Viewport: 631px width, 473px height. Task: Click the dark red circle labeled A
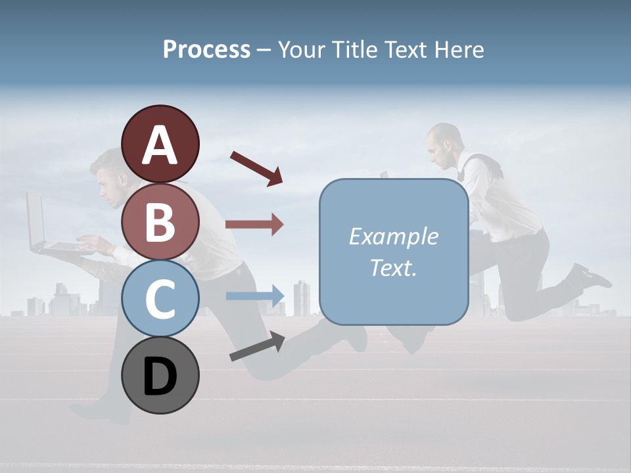(160, 144)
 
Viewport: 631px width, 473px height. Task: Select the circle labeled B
(160, 221)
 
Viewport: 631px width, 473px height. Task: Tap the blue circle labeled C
(160, 298)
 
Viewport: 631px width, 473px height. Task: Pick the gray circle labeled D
(160, 375)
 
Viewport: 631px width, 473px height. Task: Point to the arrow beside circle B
(254, 225)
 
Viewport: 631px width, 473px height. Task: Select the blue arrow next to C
(255, 296)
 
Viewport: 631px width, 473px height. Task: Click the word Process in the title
(206, 49)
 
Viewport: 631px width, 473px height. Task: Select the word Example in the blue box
(393, 236)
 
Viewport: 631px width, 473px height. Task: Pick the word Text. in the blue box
(393, 267)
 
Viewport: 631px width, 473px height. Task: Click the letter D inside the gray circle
(160, 377)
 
